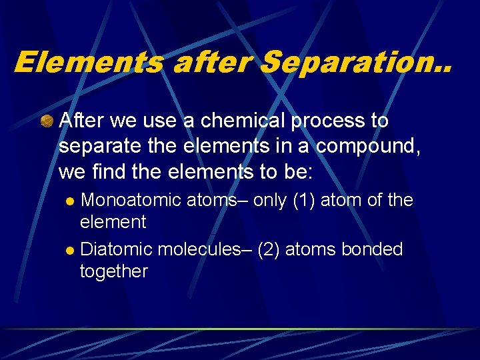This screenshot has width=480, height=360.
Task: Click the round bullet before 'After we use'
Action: (47, 121)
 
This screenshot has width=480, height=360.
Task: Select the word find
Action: (113, 171)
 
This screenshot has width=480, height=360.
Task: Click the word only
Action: (271, 200)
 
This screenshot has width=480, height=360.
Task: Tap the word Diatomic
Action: (115, 249)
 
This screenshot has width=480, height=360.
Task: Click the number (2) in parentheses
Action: (268, 249)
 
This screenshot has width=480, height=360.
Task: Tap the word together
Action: (113, 271)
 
